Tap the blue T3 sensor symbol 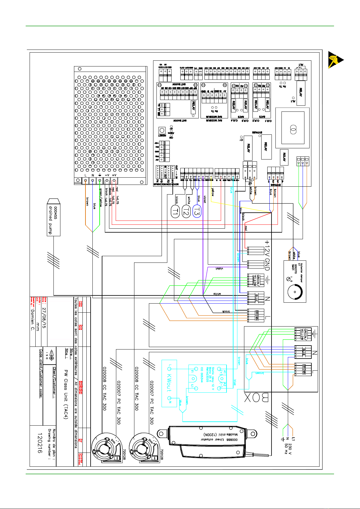[197, 211]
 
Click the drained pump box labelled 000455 [54, 217]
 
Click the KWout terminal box [169, 383]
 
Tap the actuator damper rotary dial [295, 291]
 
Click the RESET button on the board [162, 130]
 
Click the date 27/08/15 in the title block [44, 318]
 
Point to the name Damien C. [33, 320]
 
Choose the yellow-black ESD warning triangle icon [335, 60]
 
